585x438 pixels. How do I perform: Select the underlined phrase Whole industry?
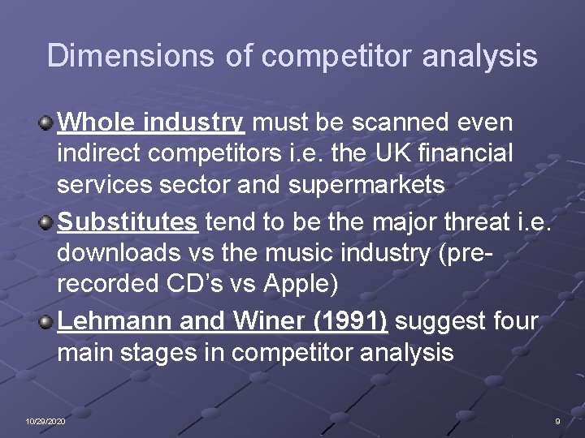pyautogui.click(x=151, y=123)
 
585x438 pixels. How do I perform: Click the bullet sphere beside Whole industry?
pyautogui.click(x=46, y=124)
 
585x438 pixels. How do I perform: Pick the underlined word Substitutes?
pyautogui.click(x=128, y=221)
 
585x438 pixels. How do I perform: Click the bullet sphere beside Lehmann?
pyautogui.click(x=46, y=322)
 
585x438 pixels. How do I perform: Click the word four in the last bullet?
pyautogui.click(x=514, y=321)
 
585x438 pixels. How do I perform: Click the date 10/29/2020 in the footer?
pyautogui.click(x=45, y=422)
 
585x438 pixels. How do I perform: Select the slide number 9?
pyautogui.click(x=557, y=422)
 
